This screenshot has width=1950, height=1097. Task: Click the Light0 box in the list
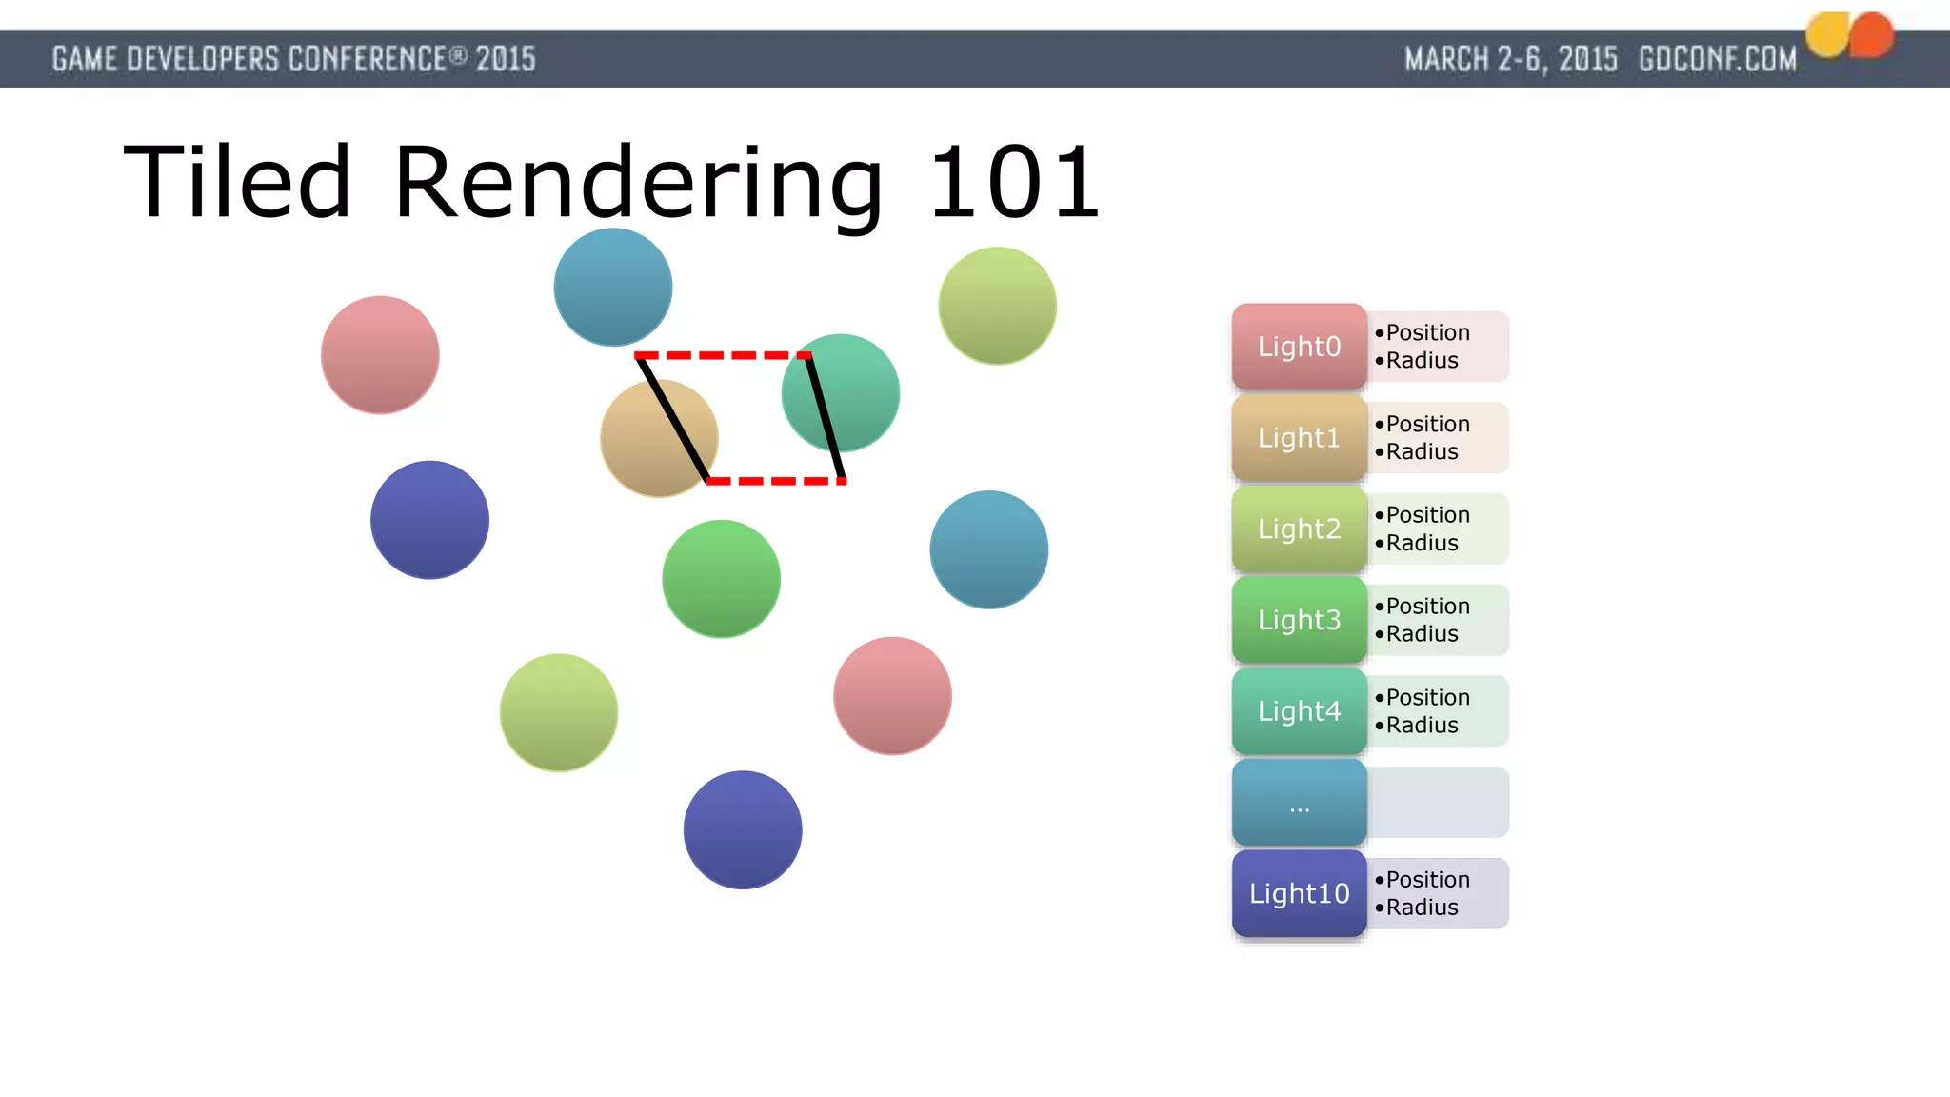coord(1299,347)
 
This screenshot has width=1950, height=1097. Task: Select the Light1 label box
coord(1299,438)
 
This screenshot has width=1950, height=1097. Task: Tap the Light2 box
coord(1299,529)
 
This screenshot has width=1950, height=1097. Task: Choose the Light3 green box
coord(1299,620)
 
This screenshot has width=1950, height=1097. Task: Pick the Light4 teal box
coord(1299,711)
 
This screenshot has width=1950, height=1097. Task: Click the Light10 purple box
coord(1299,893)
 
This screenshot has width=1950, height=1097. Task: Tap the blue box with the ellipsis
coord(1299,803)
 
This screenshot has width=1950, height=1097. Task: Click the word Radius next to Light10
coord(1422,908)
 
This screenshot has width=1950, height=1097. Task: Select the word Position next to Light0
coord(1427,332)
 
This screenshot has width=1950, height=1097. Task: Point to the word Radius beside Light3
coord(1422,634)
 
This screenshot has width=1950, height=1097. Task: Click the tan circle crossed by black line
coord(647,448)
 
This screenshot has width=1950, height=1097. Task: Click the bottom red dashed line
coord(776,481)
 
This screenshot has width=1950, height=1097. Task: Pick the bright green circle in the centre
coord(721,579)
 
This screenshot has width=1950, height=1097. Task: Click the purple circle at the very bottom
coord(742,829)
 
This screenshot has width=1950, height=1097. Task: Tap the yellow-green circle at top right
coord(997,306)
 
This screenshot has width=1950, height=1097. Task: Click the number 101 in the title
coord(1013,183)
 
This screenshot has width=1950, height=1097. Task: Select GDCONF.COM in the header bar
coord(1717,59)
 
